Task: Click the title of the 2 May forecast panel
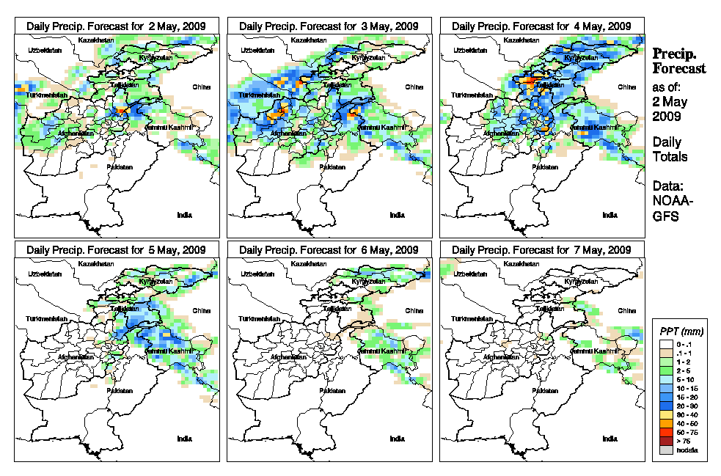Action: point(117,26)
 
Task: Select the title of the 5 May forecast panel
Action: point(117,250)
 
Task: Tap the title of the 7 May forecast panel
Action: point(541,250)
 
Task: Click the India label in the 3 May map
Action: point(397,215)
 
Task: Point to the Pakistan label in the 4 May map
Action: point(544,166)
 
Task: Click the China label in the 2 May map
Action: point(201,87)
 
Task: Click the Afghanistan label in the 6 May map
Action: point(288,358)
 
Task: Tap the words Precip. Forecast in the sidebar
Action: point(679,61)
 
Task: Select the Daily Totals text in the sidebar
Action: point(670,149)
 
